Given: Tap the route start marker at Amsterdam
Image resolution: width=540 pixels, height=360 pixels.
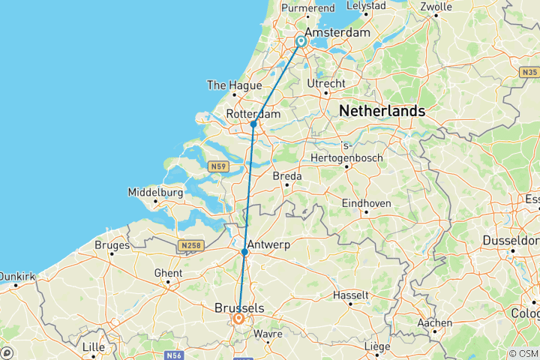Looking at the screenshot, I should coord(301,41).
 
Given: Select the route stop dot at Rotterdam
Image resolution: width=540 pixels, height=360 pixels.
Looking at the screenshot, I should coord(253,124).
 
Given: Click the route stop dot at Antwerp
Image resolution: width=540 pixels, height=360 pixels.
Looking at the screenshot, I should coord(244,253).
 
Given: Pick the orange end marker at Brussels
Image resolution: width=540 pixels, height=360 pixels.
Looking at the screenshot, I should coord(238,319).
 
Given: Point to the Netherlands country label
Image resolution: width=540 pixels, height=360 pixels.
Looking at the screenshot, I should coord(382,111).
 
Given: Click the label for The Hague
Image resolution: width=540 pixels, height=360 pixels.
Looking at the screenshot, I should coord(234,85).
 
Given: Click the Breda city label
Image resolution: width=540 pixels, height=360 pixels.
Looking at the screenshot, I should coord(286,175).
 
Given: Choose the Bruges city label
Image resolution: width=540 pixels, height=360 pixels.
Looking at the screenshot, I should coord(112,244).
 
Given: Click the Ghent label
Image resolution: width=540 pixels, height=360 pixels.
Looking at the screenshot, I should coord(168,274).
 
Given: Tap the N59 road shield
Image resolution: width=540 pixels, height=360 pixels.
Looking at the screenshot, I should coord(219,166).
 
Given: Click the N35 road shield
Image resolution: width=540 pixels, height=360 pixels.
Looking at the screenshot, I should coord(529,72).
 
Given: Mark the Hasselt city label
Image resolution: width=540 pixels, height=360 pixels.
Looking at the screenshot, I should coord(351,295).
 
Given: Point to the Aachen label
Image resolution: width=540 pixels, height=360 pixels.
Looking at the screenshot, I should coord(435,323).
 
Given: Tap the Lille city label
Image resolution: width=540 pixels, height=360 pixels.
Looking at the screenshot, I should coord(94,347).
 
